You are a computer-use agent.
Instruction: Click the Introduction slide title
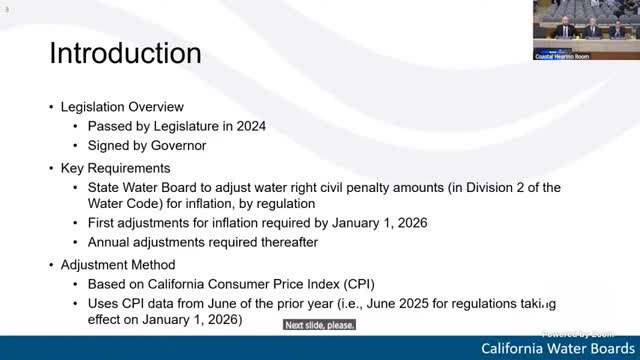tap(125, 52)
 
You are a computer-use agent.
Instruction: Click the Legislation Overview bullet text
tap(122, 107)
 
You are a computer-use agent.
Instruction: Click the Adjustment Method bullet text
tap(117, 264)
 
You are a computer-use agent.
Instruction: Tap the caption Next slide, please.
tap(319, 325)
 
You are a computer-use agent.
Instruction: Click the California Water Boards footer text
tap(556, 348)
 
